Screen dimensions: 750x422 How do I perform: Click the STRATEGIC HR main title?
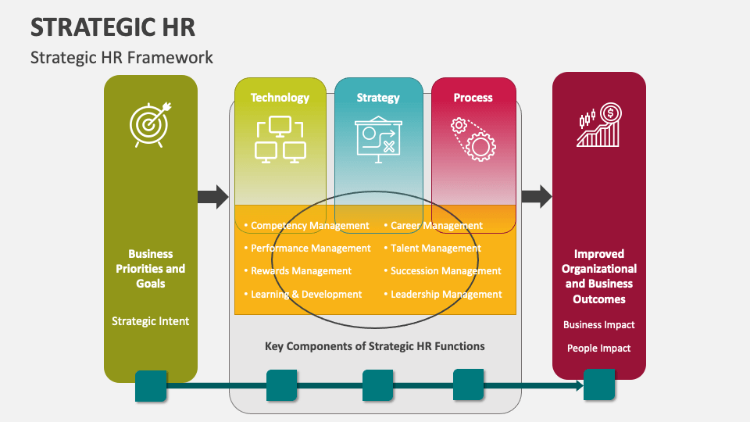click(x=112, y=27)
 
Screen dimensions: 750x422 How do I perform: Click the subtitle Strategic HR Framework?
click(x=122, y=57)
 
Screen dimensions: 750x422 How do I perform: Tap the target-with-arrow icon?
click(x=150, y=124)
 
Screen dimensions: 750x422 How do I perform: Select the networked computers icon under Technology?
click(x=280, y=139)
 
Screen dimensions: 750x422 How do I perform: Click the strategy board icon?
click(x=378, y=139)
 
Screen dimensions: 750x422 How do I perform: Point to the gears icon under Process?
click(x=473, y=139)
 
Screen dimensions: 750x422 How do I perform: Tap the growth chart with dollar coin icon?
click(x=599, y=125)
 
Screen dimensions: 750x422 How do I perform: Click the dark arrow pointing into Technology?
click(x=213, y=197)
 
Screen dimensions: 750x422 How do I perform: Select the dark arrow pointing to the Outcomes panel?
click(x=537, y=196)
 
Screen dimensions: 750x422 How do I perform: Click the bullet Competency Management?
click(x=306, y=225)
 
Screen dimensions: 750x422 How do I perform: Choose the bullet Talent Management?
click(x=432, y=248)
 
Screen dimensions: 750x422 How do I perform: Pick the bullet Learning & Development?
click(x=303, y=295)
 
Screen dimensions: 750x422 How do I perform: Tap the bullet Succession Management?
click(x=442, y=271)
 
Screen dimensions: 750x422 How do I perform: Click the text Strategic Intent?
click(x=150, y=321)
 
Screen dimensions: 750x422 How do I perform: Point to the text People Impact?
click(x=599, y=348)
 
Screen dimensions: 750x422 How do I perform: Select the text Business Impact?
click(x=599, y=324)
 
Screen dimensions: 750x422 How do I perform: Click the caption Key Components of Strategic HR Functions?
click(x=374, y=346)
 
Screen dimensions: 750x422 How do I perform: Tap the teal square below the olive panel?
click(x=151, y=385)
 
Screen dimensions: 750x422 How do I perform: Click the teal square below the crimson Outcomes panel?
click(x=599, y=384)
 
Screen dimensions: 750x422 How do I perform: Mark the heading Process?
click(x=473, y=98)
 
